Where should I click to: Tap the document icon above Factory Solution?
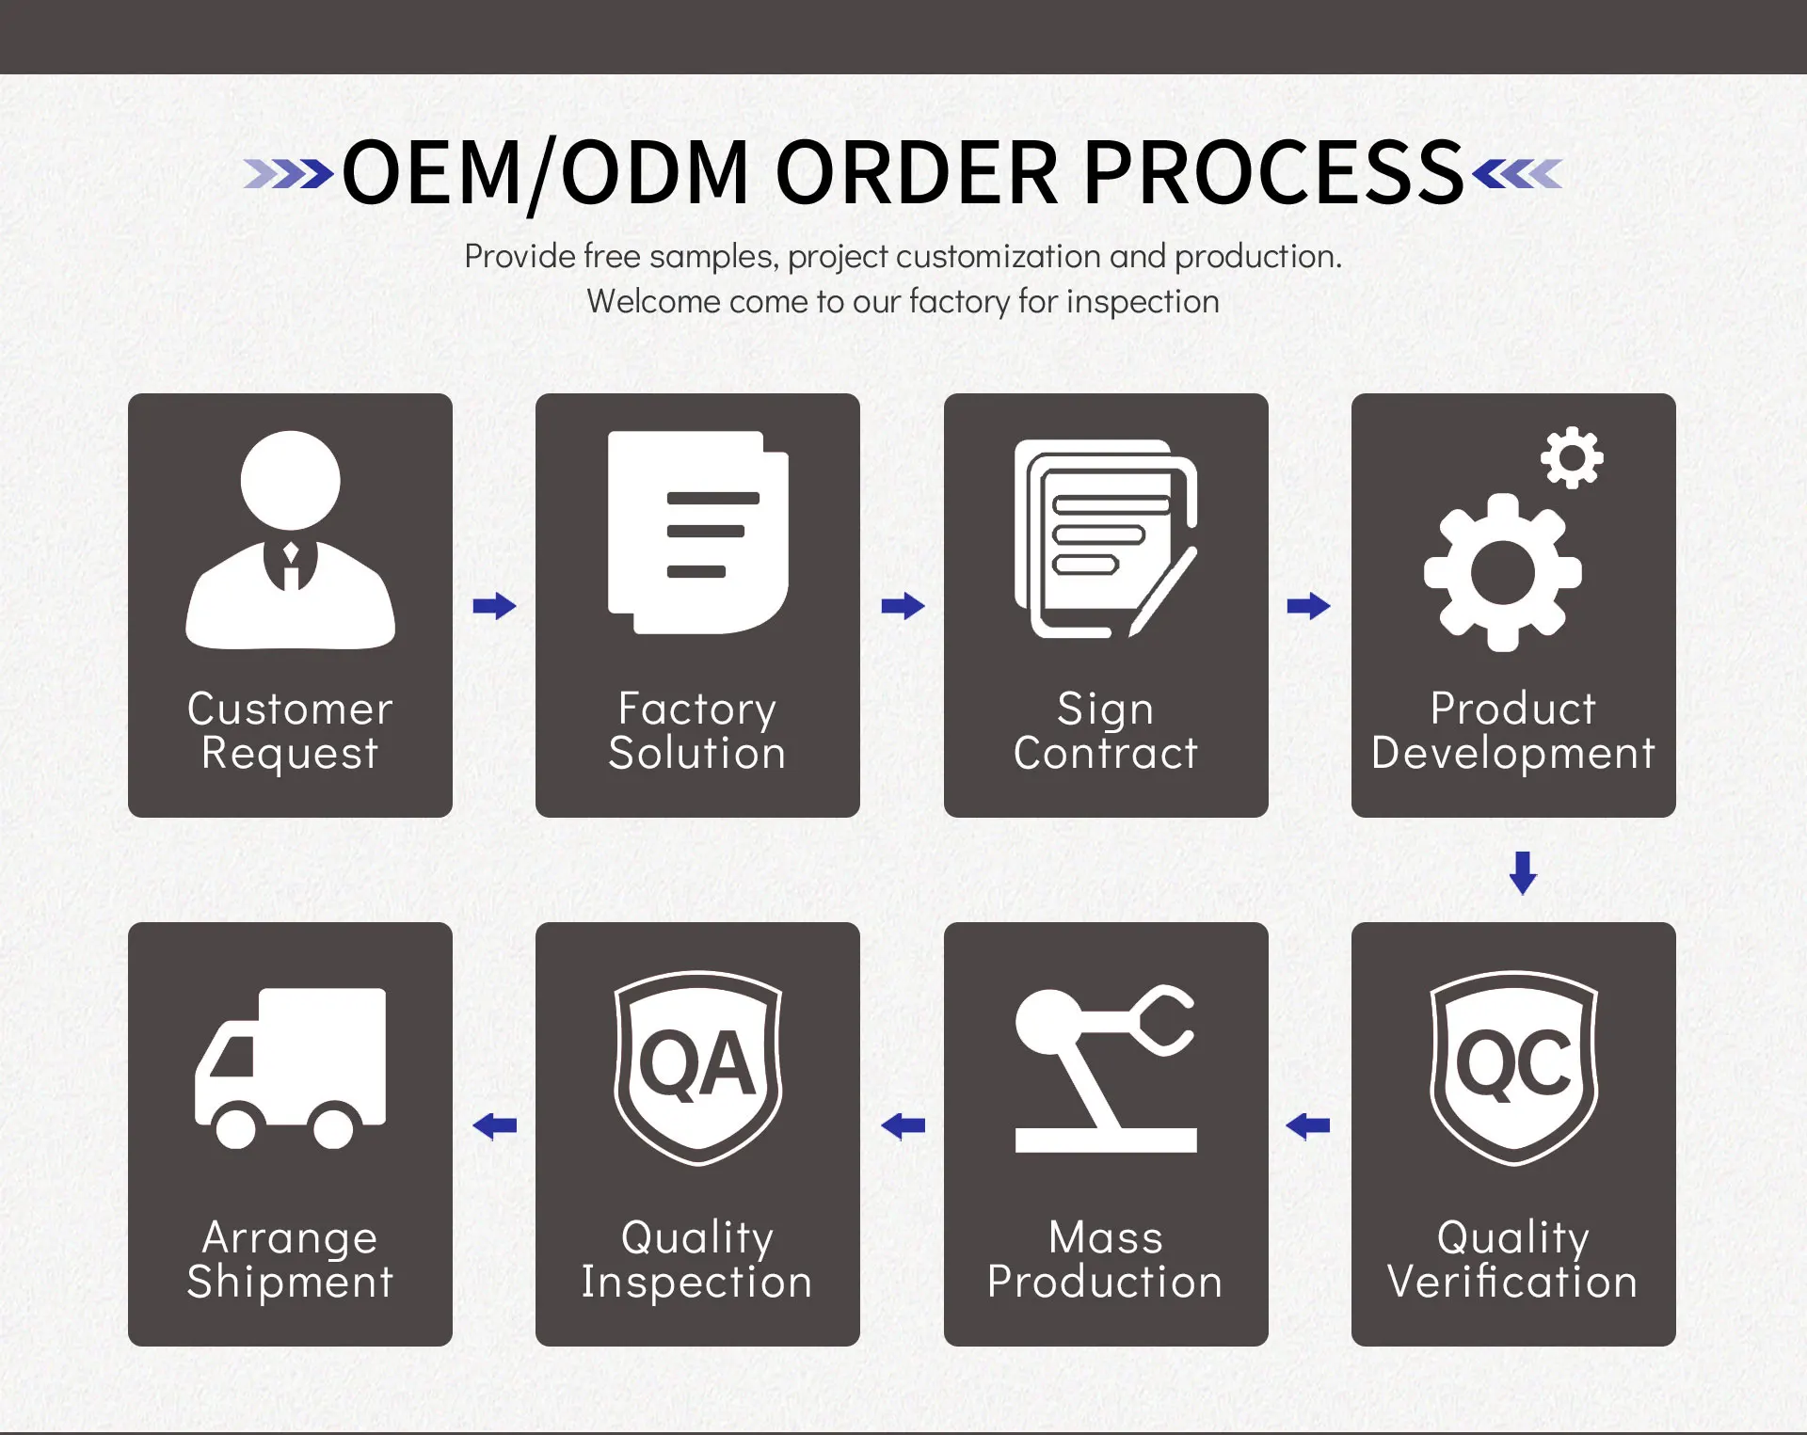pos(697,532)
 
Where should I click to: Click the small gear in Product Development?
pos(1571,458)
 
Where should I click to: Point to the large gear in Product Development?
pos(1502,572)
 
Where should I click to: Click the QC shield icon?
pos(1513,1067)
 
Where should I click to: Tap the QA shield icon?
pos(697,1067)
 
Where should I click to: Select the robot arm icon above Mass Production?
pos(1105,1067)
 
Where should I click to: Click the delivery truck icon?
pos(290,1067)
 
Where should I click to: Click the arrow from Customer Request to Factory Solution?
pos(494,606)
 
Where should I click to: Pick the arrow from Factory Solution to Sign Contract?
pos(903,606)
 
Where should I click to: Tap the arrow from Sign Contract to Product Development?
pos(1308,606)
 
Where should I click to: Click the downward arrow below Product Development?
pos(1523,872)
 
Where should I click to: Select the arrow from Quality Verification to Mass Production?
pos(1308,1125)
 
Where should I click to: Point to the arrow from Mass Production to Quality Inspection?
pos(903,1125)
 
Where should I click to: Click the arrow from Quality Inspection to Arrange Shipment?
pos(494,1125)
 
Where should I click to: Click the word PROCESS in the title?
pos(1274,173)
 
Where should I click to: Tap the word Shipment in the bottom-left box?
pos(290,1282)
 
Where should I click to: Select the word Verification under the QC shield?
pos(1512,1282)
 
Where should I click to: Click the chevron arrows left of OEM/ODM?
pos(288,174)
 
